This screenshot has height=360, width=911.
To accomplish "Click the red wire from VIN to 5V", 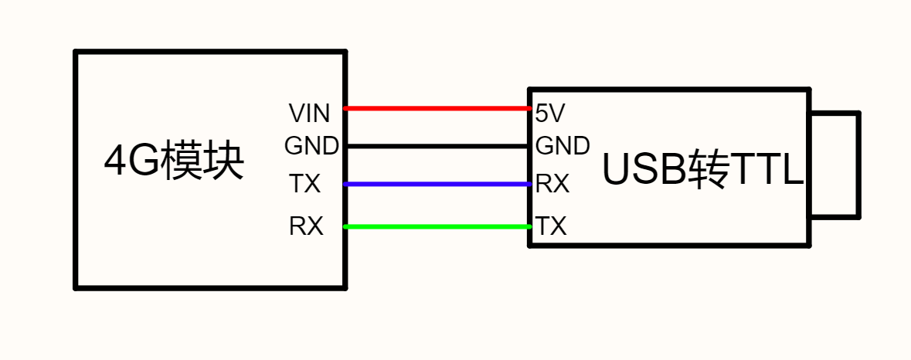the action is point(437,109).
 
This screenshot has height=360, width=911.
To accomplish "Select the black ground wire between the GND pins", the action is point(437,146).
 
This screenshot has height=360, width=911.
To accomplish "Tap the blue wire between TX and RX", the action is point(437,184).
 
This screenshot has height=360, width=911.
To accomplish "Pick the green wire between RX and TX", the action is point(437,226).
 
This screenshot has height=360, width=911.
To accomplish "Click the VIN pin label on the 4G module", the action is point(309,114).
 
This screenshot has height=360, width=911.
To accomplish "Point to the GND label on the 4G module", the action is point(311,146).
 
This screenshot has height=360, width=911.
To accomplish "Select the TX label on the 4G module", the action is point(305,185).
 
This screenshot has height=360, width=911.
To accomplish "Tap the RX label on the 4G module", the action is point(306,226).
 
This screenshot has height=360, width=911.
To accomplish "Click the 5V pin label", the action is point(549,114).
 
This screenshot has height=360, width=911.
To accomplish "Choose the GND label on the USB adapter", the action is point(563,146).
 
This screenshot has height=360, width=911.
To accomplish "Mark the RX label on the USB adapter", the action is point(552,185).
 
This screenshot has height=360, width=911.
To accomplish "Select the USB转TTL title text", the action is point(702,169).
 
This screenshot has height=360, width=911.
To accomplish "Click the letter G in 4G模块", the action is point(143,162).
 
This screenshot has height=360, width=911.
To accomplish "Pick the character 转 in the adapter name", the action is point(709,169).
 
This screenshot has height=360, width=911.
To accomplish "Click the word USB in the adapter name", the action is point(645,170).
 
